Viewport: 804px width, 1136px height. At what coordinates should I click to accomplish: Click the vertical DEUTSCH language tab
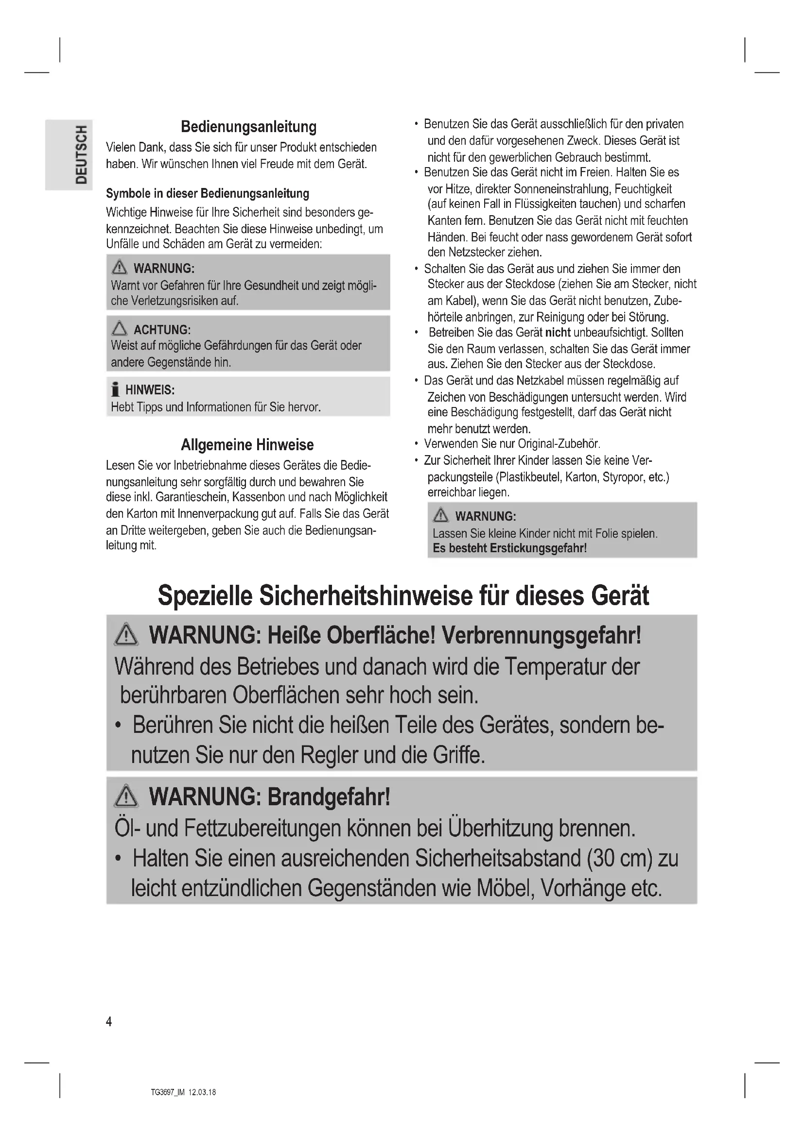[x=81, y=154]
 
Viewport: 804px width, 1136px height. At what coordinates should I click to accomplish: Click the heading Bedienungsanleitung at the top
[x=248, y=127]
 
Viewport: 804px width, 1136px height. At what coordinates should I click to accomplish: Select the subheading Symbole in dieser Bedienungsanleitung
[x=208, y=193]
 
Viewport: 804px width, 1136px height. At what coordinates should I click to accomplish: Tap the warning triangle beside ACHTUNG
[x=119, y=328]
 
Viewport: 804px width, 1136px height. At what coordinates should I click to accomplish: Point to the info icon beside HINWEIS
[x=115, y=390]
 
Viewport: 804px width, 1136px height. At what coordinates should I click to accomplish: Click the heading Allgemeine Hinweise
[x=247, y=445]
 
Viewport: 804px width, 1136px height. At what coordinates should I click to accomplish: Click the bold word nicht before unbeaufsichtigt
[x=558, y=333]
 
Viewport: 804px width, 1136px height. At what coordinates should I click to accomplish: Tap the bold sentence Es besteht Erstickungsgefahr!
[x=509, y=548]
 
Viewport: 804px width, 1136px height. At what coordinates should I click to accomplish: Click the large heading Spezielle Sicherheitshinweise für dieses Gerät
[x=403, y=595]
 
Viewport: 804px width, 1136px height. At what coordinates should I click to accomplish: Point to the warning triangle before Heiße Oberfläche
[x=126, y=635]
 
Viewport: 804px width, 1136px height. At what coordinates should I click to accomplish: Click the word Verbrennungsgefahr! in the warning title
[x=541, y=635]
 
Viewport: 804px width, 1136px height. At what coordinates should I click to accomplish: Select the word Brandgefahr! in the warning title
[x=329, y=797]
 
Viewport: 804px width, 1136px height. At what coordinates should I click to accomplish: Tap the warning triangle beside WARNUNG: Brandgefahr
[x=126, y=797]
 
